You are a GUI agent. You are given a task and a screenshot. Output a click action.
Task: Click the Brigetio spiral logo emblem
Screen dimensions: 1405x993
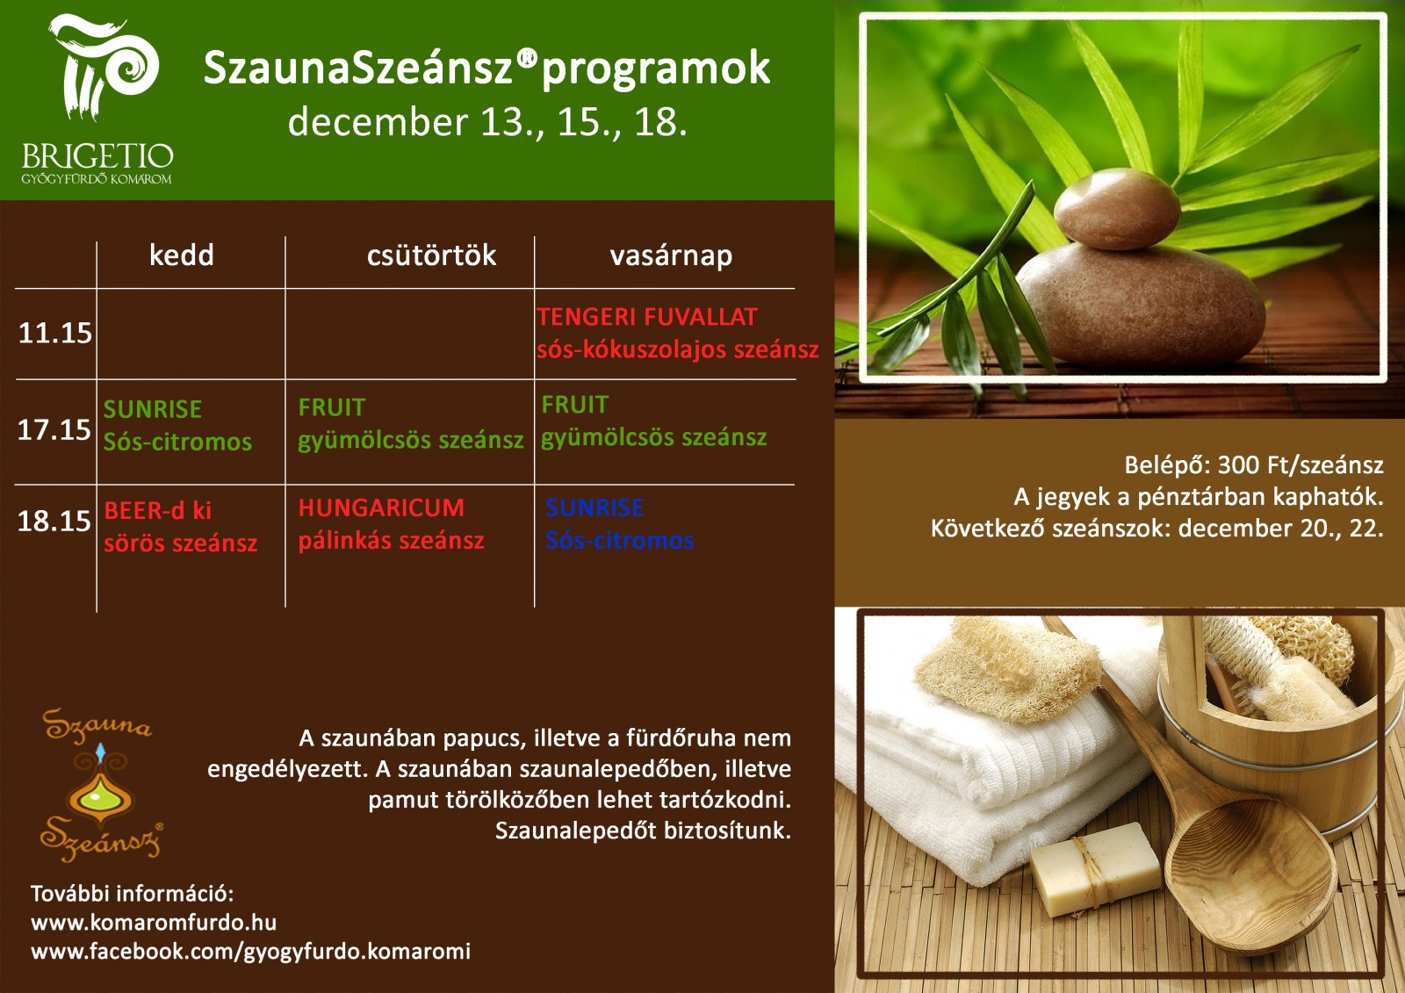pyautogui.click(x=104, y=66)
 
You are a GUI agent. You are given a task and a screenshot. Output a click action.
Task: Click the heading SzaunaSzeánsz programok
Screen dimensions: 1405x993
pyautogui.click(x=486, y=68)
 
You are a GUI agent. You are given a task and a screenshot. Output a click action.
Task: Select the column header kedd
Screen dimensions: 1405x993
pyautogui.click(x=181, y=255)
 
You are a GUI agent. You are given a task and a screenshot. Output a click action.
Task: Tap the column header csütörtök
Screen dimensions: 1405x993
pyautogui.click(x=431, y=255)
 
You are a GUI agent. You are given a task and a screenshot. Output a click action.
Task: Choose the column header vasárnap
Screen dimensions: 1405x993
pyautogui.click(x=671, y=256)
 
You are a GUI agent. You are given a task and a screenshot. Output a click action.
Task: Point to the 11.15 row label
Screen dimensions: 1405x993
pyautogui.click(x=55, y=333)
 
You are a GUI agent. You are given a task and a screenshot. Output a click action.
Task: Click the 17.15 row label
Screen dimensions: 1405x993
pyautogui.click(x=54, y=429)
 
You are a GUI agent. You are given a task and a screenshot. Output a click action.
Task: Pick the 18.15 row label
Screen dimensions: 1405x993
pyautogui.click(x=54, y=521)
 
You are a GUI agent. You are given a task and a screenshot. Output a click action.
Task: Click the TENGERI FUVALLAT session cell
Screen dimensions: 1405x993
pyautogui.click(x=677, y=333)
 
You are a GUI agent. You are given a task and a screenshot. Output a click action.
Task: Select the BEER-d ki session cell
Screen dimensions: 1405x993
pyautogui.click(x=181, y=527)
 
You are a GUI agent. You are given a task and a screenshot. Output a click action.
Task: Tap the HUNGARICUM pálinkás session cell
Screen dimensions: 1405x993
pyautogui.click(x=392, y=524)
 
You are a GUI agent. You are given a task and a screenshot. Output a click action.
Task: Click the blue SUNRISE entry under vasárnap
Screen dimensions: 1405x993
pyautogui.click(x=620, y=524)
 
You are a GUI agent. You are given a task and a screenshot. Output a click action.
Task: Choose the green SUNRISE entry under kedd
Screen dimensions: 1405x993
pyautogui.click(x=177, y=426)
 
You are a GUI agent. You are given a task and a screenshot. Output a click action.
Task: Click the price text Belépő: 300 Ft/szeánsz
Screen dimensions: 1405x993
pyautogui.click(x=1254, y=464)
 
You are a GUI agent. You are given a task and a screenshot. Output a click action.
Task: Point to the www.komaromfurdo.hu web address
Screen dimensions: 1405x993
pyautogui.click(x=154, y=922)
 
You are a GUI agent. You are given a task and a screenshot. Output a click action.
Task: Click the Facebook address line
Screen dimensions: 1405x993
pyautogui.click(x=251, y=952)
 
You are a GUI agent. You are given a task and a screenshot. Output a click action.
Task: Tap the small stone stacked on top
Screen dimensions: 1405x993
pyautogui.click(x=1117, y=209)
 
